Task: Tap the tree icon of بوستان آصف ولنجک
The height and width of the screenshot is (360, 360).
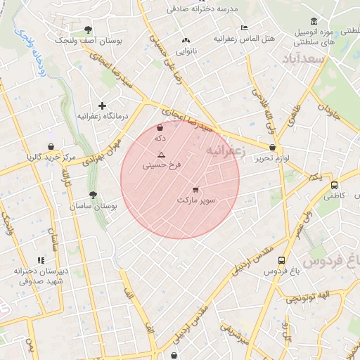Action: click(x=88, y=30)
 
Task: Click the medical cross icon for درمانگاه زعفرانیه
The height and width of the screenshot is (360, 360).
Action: click(x=103, y=105)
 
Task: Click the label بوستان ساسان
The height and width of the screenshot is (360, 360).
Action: click(x=93, y=207)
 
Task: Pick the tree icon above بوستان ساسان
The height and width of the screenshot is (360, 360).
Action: click(x=93, y=195)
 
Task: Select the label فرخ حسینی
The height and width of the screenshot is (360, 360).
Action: click(x=162, y=166)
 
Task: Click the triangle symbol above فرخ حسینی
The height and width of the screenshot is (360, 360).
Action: click(x=162, y=155)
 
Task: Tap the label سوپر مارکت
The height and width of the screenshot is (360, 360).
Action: click(x=196, y=200)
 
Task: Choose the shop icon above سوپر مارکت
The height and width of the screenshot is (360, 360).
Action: click(x=195, y=189)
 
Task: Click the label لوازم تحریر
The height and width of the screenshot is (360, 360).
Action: click(x=273, y=159)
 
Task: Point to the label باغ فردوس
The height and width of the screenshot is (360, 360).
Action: click(x=282, y=271)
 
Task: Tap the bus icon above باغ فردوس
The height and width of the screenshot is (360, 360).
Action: click(x=282, y=259)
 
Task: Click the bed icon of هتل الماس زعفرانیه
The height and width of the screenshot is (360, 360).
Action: click(x=244, y=27)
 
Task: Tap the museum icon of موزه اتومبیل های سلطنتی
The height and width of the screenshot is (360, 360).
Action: click(x=313, y=21)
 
